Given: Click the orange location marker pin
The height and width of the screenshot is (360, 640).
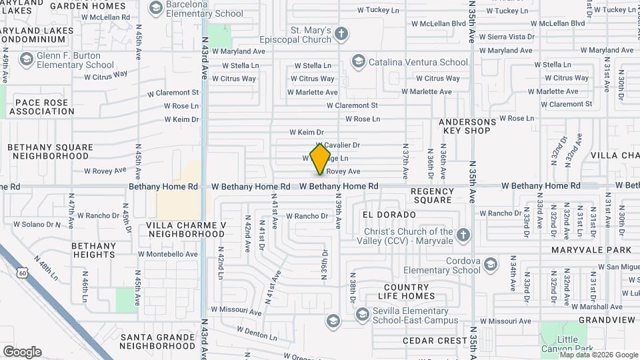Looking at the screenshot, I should click(x=321, y=159).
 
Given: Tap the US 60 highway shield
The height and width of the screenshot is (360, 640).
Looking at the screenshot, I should click(x=23, y=273).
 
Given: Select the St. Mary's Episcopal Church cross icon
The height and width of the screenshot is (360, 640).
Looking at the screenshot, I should click(x=341, y=34).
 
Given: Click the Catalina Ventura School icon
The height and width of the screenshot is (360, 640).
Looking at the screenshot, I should click(x=358, y=62).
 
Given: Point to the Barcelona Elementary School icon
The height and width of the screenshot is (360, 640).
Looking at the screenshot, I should click(x=156, y=9).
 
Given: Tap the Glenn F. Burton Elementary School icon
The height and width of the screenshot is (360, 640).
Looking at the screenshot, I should click(x=26, y=60).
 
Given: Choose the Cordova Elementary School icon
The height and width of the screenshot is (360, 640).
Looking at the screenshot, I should click(x=491, y=265).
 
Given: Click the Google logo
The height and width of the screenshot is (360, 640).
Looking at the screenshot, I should click(x=22, y=352).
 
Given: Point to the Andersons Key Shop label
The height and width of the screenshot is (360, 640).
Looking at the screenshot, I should click(x=467, y=127).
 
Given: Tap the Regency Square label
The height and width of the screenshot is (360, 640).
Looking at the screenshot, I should click(x=432, y=195).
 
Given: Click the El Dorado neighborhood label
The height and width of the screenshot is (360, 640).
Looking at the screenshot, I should click(x=389, y=215).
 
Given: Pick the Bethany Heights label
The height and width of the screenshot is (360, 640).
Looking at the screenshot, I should click(x=93, y=250).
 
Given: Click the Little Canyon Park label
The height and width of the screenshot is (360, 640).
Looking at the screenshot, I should click(x=576, y=344).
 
